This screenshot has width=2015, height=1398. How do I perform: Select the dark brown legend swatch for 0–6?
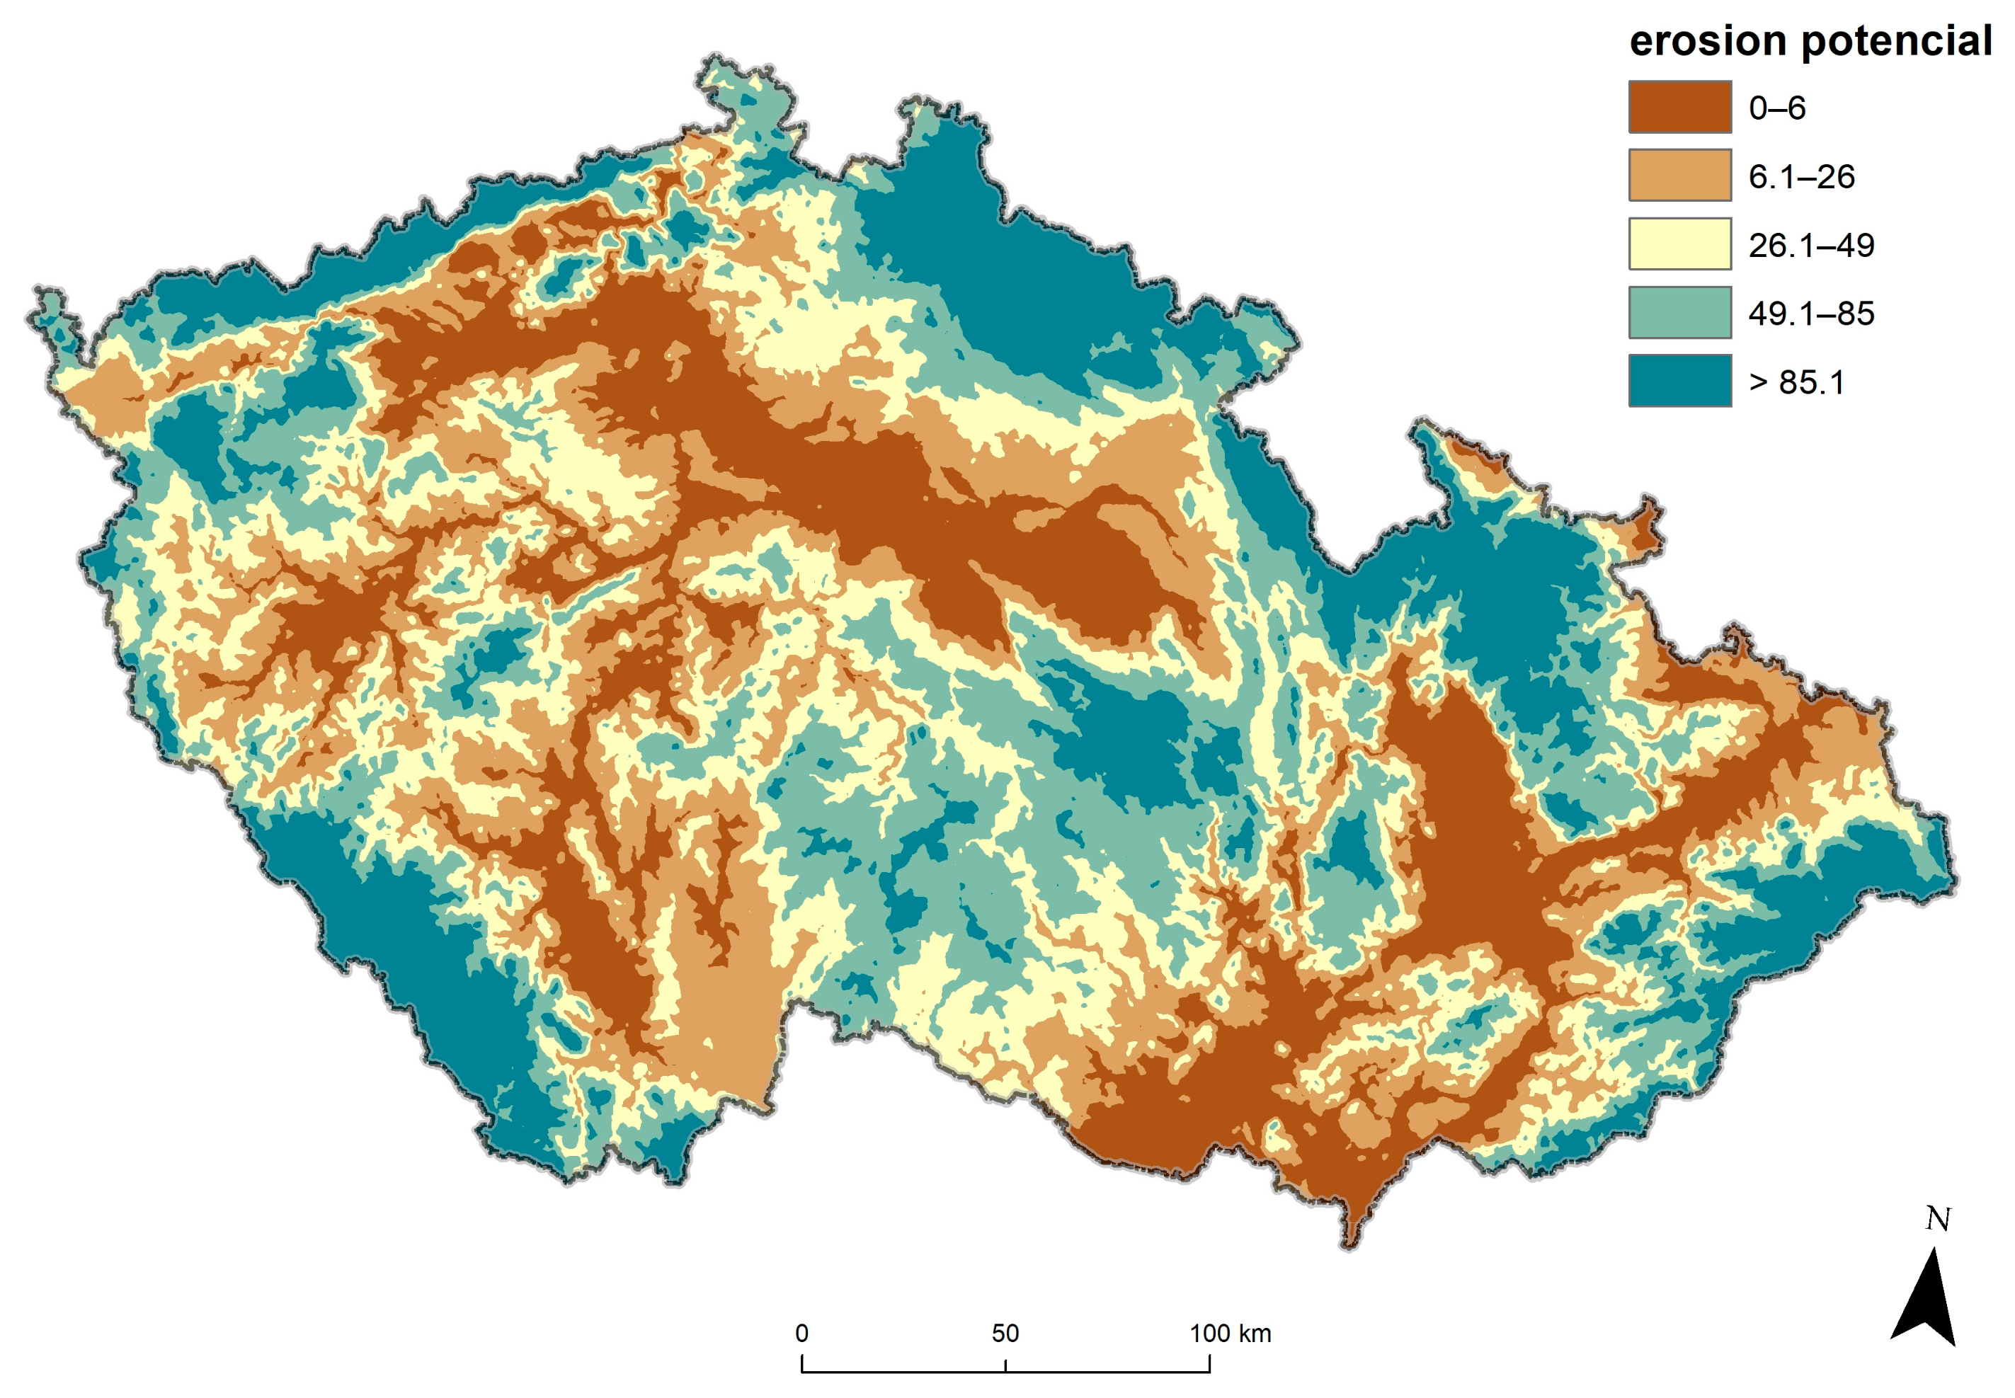(x=1679, y=107)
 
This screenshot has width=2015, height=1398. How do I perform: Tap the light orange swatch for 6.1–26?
(x=1679, y=175)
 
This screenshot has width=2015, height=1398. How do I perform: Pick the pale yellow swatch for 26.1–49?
(x=1679, y=243)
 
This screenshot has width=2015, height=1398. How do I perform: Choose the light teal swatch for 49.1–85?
(x=1679, y=312)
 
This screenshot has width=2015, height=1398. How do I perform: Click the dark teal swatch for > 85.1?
(x=1679, y=380)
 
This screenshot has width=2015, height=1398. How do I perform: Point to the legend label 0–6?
(x=1776, y=108)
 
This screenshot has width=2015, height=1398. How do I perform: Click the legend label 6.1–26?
(x=1800, y=176)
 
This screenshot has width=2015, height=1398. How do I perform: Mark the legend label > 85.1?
(x=1796, y=382)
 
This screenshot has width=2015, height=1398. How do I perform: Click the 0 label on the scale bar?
(x=801, y=1332)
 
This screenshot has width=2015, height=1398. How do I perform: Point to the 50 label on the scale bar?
(x=1004, y=1332)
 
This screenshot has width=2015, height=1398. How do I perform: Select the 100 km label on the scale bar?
(x=1229, y=1332)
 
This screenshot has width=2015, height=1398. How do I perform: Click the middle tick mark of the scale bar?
(x=1005, y=1365)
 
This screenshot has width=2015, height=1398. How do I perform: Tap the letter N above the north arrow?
(x=1937, y=1218)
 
